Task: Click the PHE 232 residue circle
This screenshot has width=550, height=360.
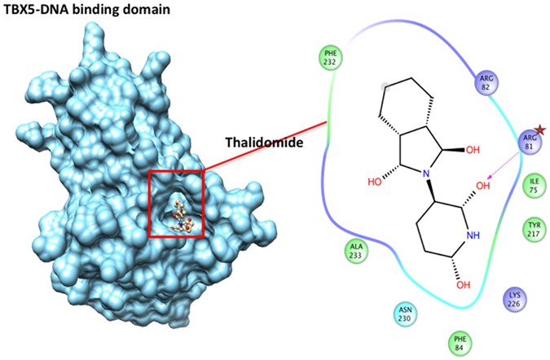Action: [x=331, y=59]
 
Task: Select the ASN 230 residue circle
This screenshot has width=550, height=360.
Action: [x=405, y=314]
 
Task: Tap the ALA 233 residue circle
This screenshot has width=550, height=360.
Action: [x=355, y=250]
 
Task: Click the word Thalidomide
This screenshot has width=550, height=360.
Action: [x=260, y=143]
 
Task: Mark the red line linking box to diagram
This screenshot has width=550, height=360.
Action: [x=265, y=147]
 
